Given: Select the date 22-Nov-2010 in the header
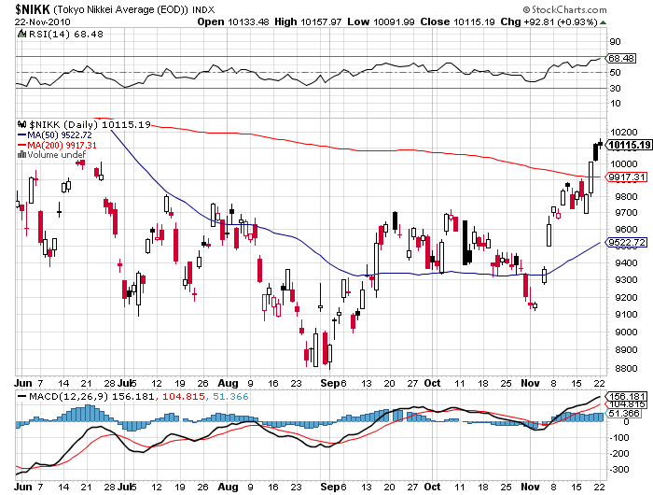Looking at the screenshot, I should (35, 22).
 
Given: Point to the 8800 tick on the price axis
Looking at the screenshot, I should (618, 367).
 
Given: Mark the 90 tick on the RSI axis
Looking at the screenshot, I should (615, 42).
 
